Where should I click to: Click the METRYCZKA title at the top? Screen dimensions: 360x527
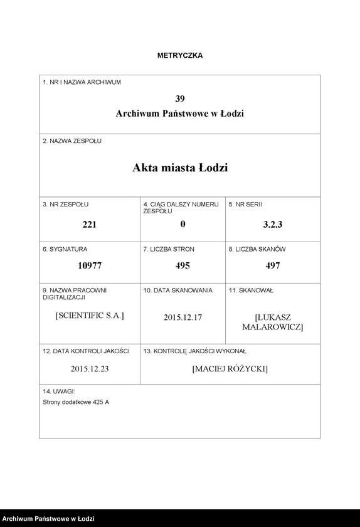click(180, 55)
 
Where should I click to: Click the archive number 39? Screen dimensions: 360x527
click(180, 98)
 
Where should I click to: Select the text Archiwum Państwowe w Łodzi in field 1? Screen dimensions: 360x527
click(180, 114)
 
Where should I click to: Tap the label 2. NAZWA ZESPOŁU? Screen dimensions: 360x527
click(72, 141)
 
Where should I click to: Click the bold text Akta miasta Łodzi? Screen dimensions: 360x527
click(180, 168)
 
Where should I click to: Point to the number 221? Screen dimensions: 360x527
click(90, 224)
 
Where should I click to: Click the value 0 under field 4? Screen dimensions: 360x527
click(183, 224)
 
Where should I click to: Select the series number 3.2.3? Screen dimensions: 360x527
click(273, 224)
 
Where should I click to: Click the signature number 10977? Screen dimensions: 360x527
click(90, 265)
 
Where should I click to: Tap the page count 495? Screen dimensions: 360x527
click(183, 265)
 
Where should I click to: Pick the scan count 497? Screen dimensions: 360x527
click(273, 265)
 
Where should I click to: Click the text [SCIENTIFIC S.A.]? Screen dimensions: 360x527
click(90, 315)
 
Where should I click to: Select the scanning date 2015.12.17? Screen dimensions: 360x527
click(183, 317)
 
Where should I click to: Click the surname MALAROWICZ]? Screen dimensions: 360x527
click(273, 327)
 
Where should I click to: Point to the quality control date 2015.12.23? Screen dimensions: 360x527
click(90, 369)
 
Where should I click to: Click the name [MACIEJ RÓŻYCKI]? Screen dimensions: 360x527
click(230, 369)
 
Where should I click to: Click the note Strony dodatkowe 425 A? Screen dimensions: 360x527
click(76, 402)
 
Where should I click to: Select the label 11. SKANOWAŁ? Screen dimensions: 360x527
click(251, 290)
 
